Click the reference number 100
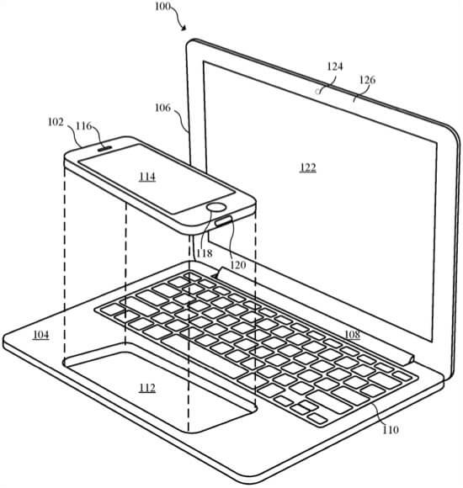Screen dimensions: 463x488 coord(162,6)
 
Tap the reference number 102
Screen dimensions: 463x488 coord(56,122)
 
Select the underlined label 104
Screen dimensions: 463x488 coord(40,335)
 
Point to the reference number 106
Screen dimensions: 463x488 coord(162,108)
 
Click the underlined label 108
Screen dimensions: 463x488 coord(352,335)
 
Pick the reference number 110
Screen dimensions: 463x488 coord(390,430)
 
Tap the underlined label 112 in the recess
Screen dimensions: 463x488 coord(147,388)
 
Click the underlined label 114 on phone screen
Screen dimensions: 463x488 coord(147,177)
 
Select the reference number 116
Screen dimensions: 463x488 coord(84,126)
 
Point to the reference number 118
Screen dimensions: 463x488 coord(205,253)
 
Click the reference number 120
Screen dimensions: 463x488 coord(238,265)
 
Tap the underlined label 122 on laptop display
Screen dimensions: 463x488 coord(308,167)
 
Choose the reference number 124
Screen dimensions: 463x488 coord(335,66)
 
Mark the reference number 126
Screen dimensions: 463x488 coord(367,80)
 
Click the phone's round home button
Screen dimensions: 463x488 coord(216,207)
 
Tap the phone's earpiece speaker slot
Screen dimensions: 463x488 coord(105,148)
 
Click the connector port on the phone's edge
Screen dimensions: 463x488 coord(224,221)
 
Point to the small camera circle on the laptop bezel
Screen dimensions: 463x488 coord(318,92)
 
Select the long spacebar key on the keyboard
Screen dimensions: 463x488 coord(200,358)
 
